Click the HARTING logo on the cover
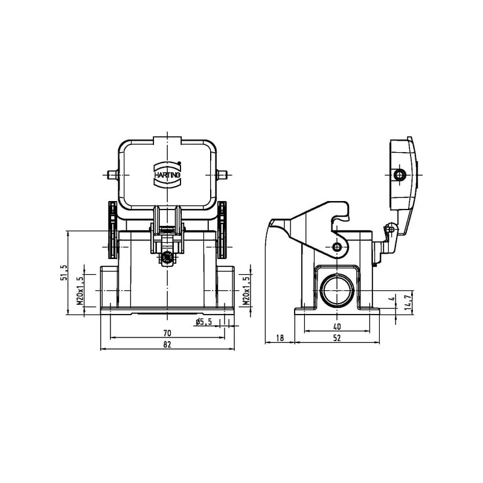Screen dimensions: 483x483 [167, 174]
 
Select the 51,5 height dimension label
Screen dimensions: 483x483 [63, 273]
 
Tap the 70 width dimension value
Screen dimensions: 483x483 [167, 333]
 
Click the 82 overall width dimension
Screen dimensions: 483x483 [167, 344]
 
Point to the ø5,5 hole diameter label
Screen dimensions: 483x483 [204, 322]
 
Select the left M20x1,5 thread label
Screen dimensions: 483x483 [80, 290]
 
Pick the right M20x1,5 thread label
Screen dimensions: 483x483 [246, 290]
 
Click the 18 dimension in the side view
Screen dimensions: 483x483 [280, 338]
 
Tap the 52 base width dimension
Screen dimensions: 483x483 [337, 338]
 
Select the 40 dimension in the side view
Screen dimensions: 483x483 [337, 327]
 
